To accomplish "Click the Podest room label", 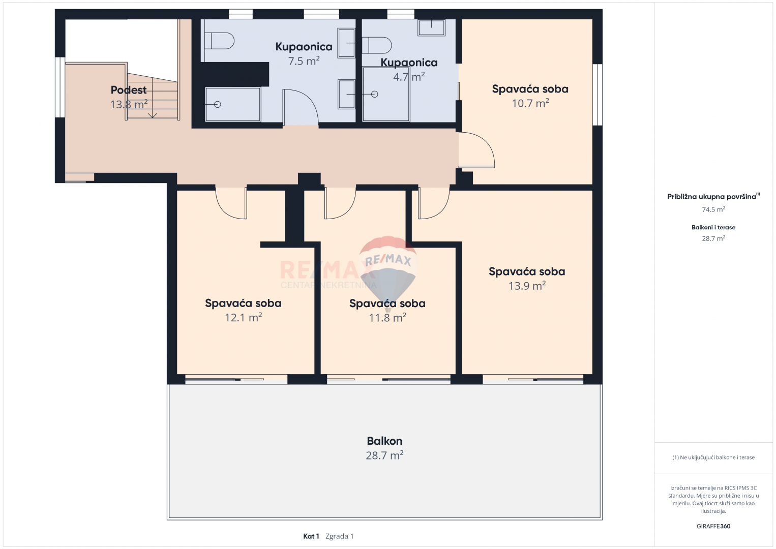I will [129, 90].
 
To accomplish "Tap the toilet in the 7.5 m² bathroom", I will [219, 41].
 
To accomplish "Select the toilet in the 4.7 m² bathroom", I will [377, 45].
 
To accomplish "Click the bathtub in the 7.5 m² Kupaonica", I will [233, 104].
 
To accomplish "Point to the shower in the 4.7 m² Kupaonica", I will [386, 95].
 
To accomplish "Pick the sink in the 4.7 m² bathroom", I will [431, 27].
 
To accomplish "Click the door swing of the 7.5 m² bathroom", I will [300, 107].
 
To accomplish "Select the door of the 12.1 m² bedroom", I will [232, 203].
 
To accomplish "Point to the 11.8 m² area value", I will [387, 318].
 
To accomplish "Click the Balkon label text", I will [384, 441].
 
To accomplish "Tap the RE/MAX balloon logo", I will [388, 269].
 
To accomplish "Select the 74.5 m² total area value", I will [713, 209].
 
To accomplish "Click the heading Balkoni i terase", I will [713, 227].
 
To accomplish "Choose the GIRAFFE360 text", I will [713, 526].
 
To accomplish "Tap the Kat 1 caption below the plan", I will [311, 536].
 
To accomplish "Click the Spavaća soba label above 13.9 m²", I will [527, 271].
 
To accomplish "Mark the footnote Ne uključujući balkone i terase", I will [713, 457].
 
